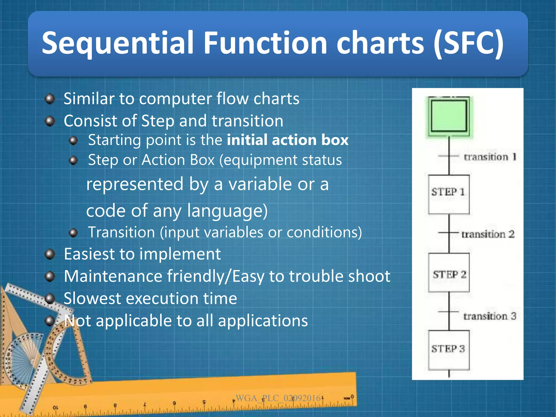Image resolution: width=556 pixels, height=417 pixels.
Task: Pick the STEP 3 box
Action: click(449, 350)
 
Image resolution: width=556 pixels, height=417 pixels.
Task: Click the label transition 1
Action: click(490, 157)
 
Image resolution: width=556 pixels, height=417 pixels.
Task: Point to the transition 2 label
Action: click(488, 234)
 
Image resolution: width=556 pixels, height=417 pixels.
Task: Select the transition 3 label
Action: click(489, 316)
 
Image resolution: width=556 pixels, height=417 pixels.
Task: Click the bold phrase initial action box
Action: click(288, 140)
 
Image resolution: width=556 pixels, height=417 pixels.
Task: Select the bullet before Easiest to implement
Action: click(50, 254)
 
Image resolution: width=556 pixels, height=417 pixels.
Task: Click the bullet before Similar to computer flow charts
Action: click(50, 99)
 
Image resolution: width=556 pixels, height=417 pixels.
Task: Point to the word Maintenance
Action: click(113, 276)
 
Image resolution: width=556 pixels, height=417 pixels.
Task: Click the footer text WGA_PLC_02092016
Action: click(278, 398)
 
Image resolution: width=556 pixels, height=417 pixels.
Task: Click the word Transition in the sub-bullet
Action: click(121, 232)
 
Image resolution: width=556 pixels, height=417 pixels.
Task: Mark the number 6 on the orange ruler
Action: click(85, 406)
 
